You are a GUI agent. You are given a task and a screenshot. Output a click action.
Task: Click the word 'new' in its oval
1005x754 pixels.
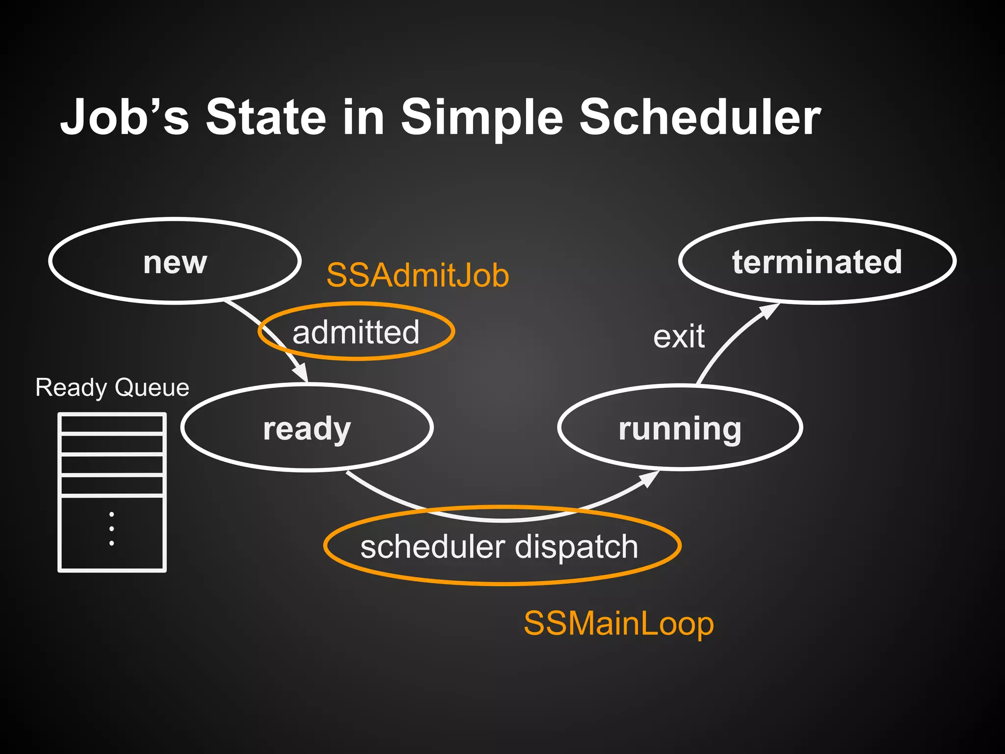pos(175,263)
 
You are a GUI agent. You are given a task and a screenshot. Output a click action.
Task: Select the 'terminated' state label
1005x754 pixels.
pos(817,262)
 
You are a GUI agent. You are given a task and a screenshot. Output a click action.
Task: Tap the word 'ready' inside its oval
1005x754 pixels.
pos(307,429)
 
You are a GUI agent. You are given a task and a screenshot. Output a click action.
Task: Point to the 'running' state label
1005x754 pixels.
pos(680,429)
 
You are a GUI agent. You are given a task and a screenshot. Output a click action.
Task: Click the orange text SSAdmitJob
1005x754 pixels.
pos(418,275)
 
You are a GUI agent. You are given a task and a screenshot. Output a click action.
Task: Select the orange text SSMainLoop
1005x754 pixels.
pos(618,624)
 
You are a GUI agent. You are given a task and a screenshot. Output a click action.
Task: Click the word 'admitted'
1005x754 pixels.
pos(356,332)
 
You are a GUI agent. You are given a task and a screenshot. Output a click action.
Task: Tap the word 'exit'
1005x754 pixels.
pos(679,337)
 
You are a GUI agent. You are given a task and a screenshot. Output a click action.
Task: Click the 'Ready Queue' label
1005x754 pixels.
pos(112,387)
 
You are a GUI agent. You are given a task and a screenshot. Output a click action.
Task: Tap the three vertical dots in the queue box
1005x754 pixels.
pos(112,529)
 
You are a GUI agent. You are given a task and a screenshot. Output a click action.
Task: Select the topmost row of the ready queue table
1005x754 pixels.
pos(112,424)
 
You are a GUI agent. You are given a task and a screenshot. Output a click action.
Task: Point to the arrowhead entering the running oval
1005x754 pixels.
pos(650,478)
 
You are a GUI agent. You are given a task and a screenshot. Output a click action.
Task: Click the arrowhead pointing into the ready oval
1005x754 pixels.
pos(300,373)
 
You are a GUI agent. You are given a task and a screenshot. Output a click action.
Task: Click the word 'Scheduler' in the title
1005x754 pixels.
pos(700,118)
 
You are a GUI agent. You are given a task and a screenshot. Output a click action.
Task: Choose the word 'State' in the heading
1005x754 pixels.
pos(265,118)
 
